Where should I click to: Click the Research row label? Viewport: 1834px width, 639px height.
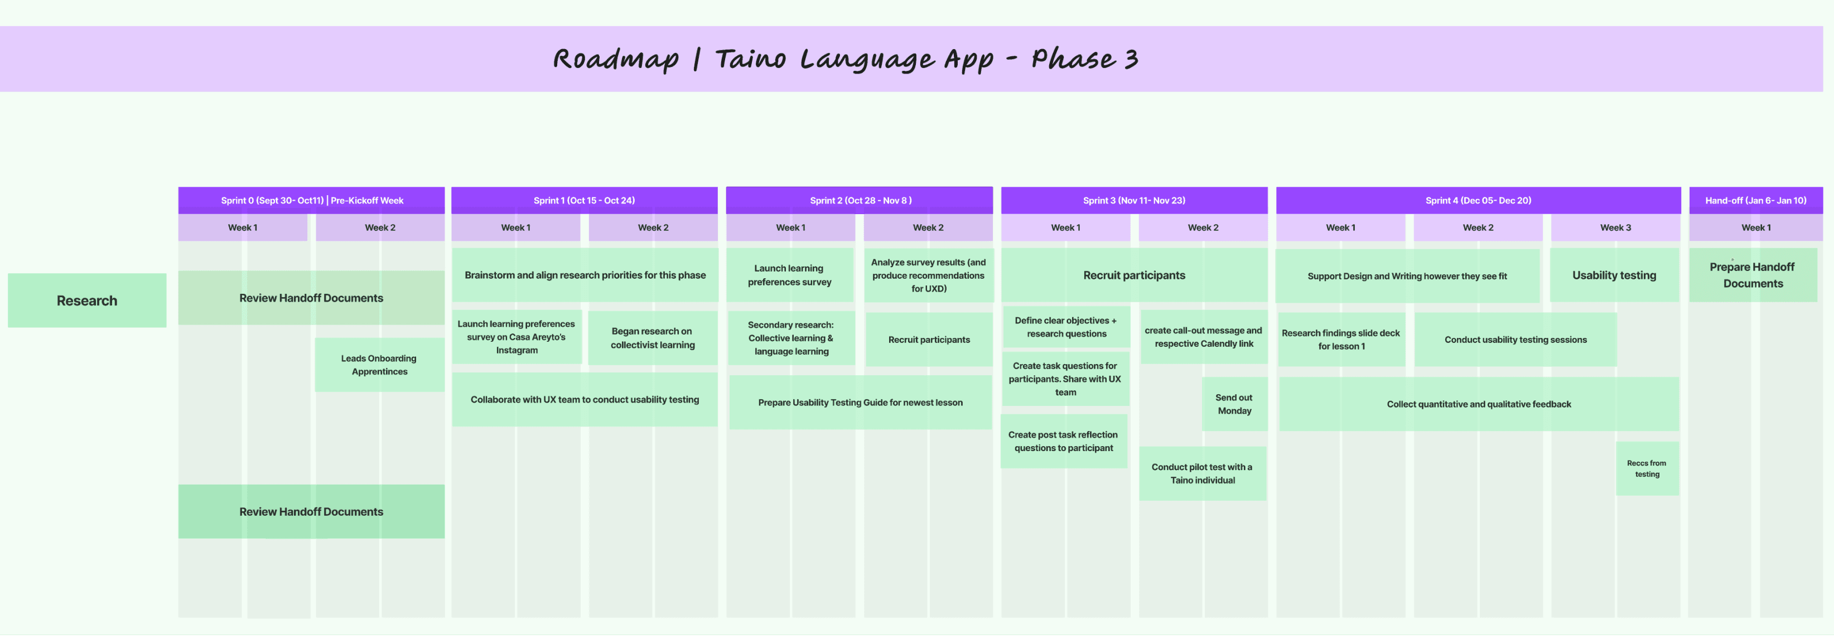(x=87, y=301)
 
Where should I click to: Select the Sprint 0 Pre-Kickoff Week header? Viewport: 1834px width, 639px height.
(x=312, y=200)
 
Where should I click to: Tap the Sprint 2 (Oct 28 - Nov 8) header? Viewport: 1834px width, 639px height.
(x=860, y=200)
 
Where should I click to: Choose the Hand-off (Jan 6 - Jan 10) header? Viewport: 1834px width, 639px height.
(x=1756, y=200)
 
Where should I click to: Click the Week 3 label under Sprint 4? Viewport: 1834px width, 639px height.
(x=1615, y=227)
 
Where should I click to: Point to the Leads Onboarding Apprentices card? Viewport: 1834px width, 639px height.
(x=379, y=364)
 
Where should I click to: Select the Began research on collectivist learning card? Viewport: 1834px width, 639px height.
(x=652, y=338)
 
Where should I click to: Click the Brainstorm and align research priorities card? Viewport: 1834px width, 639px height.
(x=585, y=275)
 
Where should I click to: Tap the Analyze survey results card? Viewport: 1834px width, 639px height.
(x=928, y=275)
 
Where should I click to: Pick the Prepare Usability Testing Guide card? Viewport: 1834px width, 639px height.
(x=860, y=402)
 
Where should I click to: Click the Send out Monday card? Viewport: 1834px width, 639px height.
(x=1234, y=404)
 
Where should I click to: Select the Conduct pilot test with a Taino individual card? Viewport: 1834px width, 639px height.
(x=1203, y=473)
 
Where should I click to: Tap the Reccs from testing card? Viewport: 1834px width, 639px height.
(x=1647, y=468)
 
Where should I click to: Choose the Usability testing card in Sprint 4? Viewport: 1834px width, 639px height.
(x=1614, y=275)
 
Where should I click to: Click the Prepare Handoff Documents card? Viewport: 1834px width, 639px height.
(x=1753, y=275)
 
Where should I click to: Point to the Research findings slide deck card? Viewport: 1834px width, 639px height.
(x=1340, y=340)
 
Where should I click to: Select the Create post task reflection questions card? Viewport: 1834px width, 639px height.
(x=1064, y=441)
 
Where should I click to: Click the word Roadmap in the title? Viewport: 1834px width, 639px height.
(x=616, y=60)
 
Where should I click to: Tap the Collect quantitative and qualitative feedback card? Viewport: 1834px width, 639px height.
(x=1479, y=404)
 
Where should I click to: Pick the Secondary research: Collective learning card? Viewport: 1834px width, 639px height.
(x=791, y=338)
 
